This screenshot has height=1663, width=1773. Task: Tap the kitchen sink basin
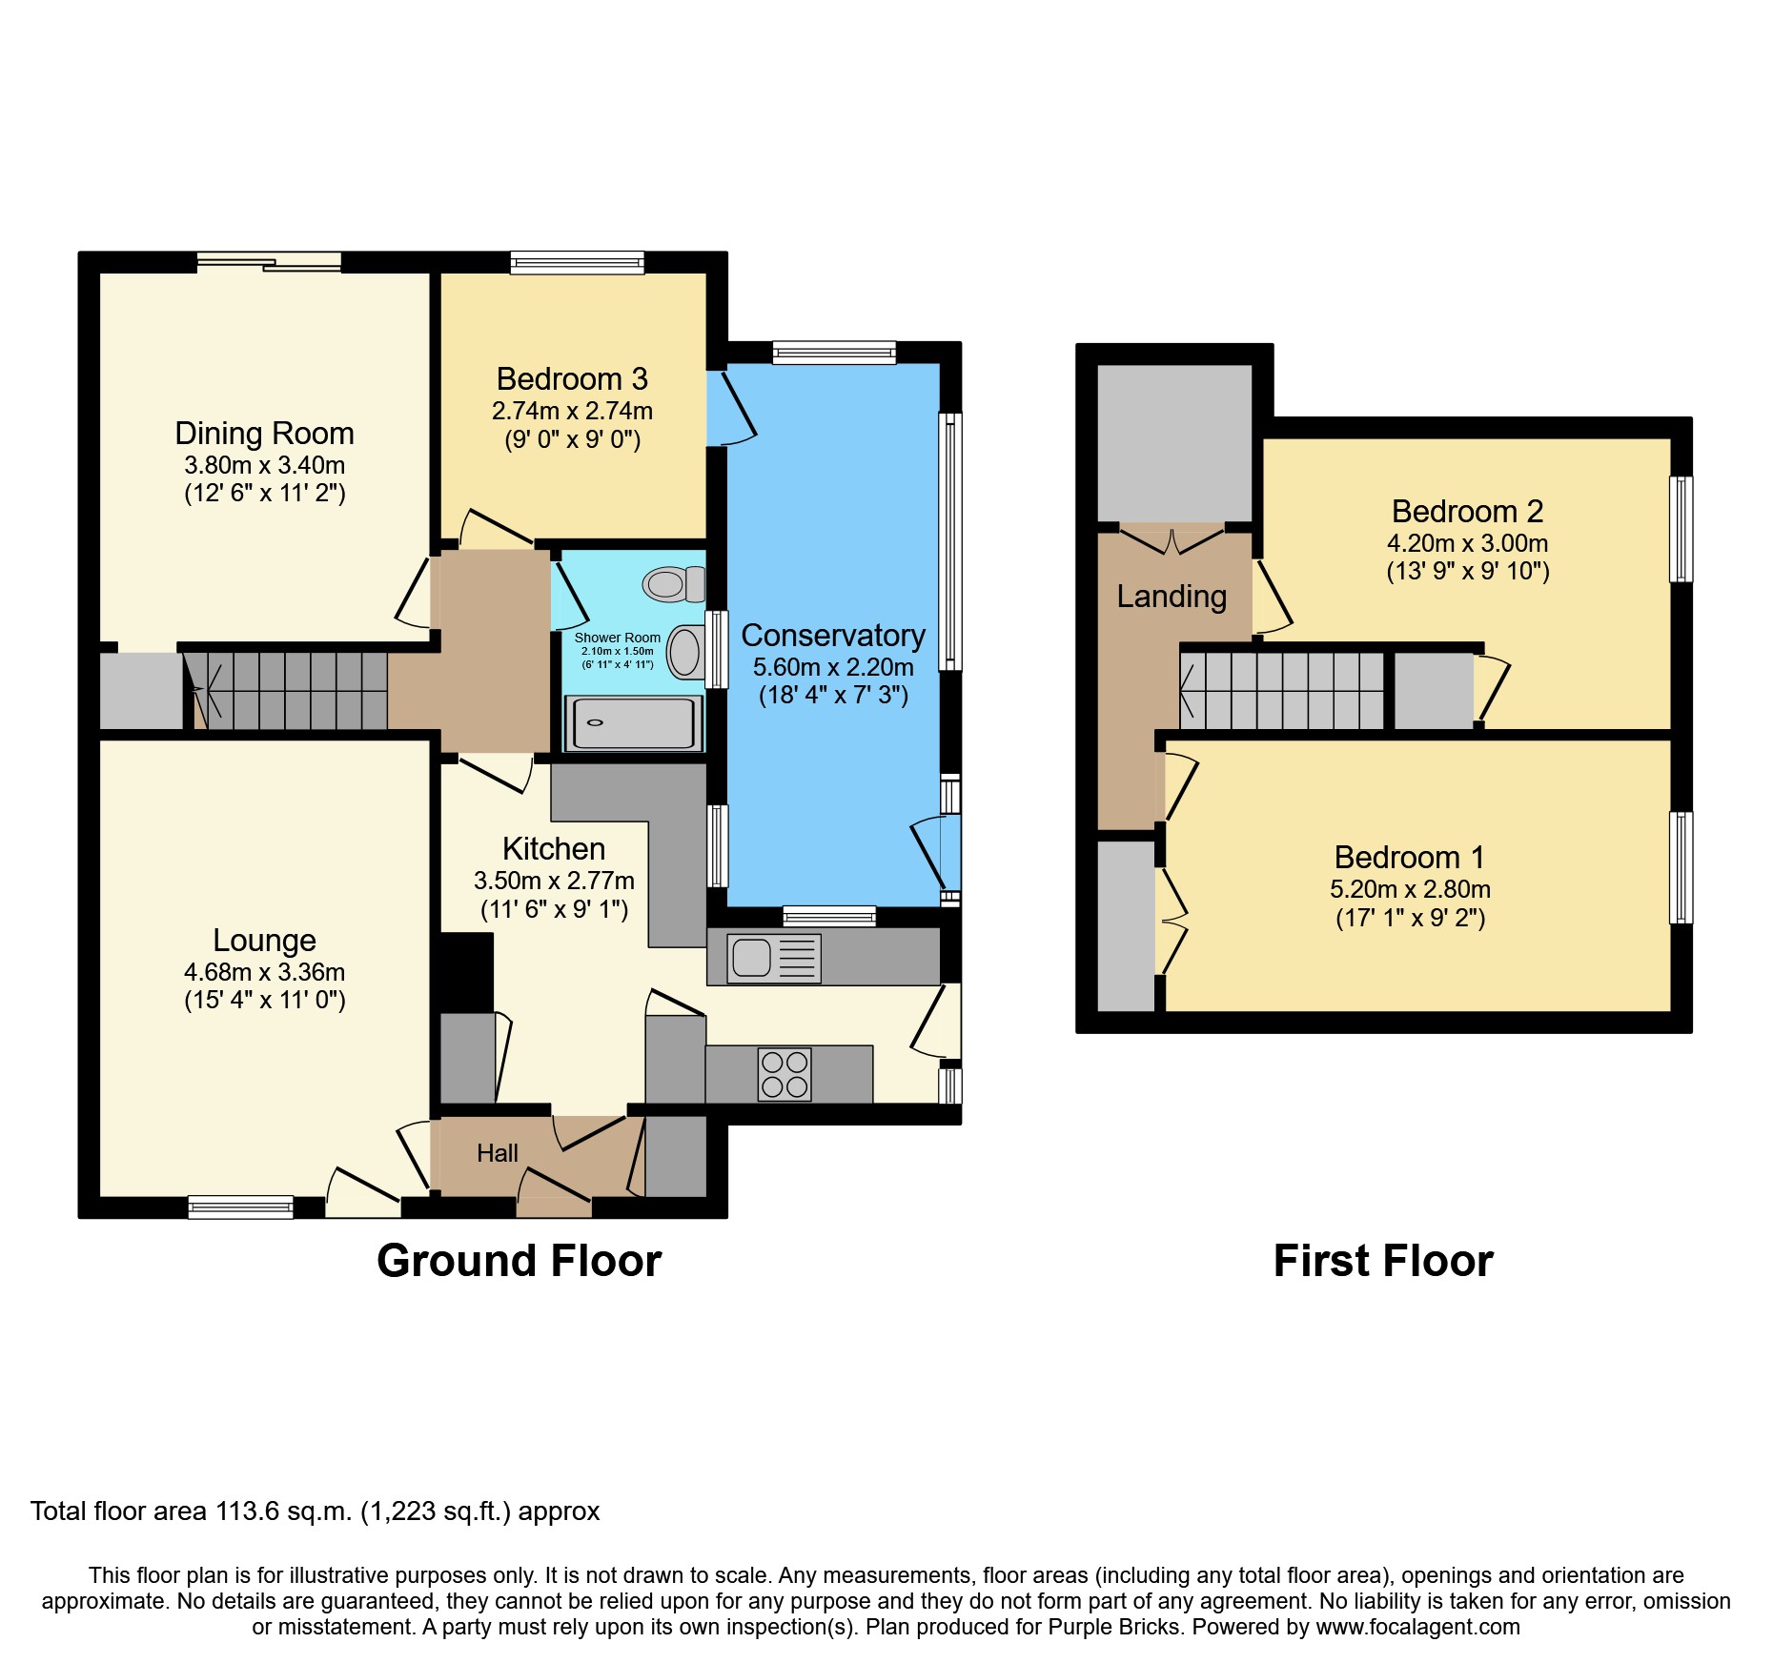[751, 957]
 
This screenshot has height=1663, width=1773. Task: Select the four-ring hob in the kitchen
[785, 1074]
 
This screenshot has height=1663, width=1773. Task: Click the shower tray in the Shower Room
[633, 722]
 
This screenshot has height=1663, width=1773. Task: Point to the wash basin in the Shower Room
[684, 653]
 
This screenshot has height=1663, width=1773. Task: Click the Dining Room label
[264, 434]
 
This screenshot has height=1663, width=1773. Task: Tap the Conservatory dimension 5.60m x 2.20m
[833, 667]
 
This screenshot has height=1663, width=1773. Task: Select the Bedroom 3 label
[572, 379]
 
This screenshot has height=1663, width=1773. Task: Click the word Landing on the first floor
[1172, 597]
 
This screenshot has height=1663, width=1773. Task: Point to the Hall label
[497, 1153]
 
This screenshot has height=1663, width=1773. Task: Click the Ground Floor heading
[519, 1261]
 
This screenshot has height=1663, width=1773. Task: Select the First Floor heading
[1382, 1261]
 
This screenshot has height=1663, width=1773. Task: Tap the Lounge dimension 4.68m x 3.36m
[264, 972]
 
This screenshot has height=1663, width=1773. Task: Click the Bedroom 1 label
[1409, 858]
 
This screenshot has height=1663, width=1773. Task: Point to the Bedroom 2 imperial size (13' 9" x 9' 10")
[1467, 571]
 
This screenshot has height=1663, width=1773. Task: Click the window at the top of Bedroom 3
[577, 262]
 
